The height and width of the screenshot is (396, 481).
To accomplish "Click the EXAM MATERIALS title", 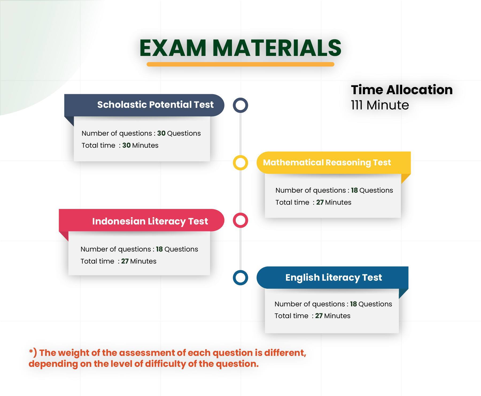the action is point(241,48).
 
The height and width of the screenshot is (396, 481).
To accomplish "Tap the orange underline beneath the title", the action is point(241,64).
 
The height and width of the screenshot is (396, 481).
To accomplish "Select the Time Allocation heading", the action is point(402,90).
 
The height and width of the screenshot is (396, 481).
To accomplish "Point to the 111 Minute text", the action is point(380,105).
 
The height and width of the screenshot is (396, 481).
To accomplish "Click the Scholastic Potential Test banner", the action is point(144,105).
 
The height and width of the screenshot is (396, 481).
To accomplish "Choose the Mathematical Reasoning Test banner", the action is point(333,163).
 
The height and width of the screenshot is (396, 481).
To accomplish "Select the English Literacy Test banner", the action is point(332,277).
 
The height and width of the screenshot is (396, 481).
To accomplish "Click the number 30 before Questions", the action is point(161,133).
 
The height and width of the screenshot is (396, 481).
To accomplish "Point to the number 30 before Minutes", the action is point(126,145).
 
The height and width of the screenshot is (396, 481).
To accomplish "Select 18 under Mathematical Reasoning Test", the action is point(354,190).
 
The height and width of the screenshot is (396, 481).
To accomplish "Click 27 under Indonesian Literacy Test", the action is point(125,261).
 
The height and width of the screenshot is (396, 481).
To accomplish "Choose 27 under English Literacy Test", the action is point(319,316).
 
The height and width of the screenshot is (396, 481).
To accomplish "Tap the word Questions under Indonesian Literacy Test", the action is point(181,249).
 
